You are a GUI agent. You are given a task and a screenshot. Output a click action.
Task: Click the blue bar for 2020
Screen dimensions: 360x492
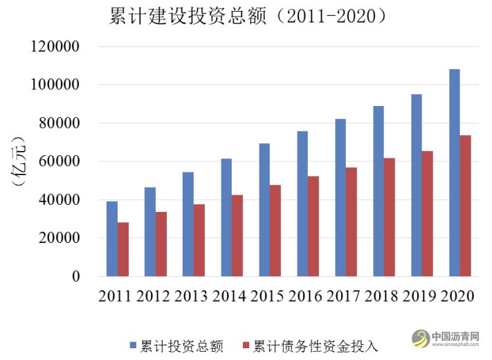coord(455,173)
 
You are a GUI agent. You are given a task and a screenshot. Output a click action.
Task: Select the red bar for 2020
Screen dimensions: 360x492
coord(466,206)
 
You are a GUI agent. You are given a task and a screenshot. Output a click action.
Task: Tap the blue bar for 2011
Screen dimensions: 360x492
coord(112,239)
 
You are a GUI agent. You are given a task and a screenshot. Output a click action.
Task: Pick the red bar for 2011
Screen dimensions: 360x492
coord(123,249)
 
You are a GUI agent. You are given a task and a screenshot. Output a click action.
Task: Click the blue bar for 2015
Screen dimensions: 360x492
coord(264,210)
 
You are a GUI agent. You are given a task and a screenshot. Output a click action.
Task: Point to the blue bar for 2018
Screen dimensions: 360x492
coord(379,191)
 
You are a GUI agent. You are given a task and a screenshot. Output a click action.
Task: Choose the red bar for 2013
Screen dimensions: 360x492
coord(199,240)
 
